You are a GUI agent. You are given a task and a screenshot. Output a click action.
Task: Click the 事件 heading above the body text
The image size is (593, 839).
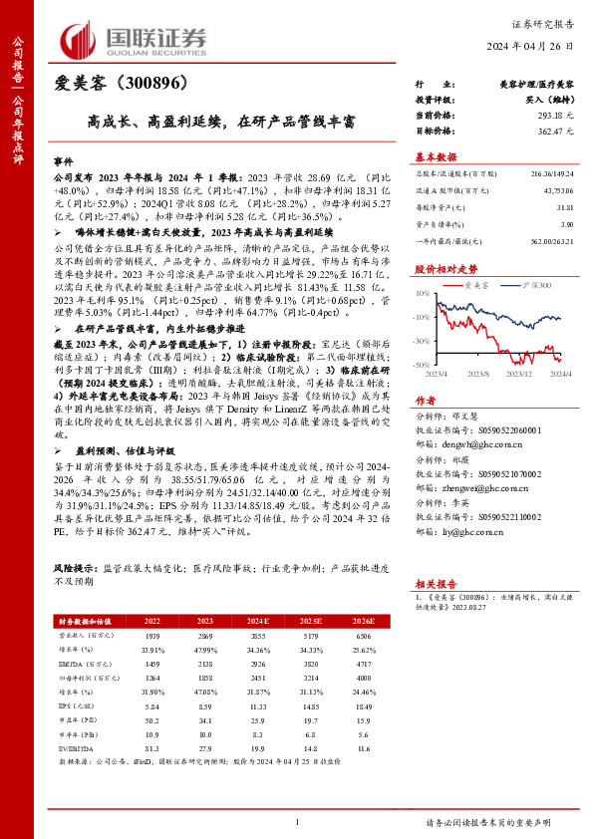coord(64,160)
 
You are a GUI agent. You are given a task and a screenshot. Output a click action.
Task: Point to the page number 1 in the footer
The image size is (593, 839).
coord(297,822)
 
